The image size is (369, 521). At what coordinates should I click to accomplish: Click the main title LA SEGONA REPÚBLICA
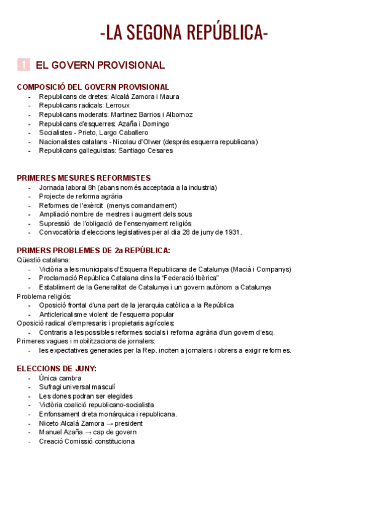pos(184,32)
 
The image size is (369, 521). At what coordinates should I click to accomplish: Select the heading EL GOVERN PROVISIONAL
pos(100,65)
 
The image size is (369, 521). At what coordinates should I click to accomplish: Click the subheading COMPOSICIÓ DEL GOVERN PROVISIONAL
pos(93,87)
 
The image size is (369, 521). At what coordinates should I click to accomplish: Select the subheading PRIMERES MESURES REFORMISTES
pos(84,178)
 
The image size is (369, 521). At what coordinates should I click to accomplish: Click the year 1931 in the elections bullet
pos(231,232)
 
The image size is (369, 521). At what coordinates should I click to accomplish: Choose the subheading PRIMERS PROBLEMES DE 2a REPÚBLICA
pos(93,251)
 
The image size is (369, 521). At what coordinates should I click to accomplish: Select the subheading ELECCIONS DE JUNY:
pos(57,369)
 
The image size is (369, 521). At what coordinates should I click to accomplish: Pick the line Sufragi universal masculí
pos(77,387)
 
